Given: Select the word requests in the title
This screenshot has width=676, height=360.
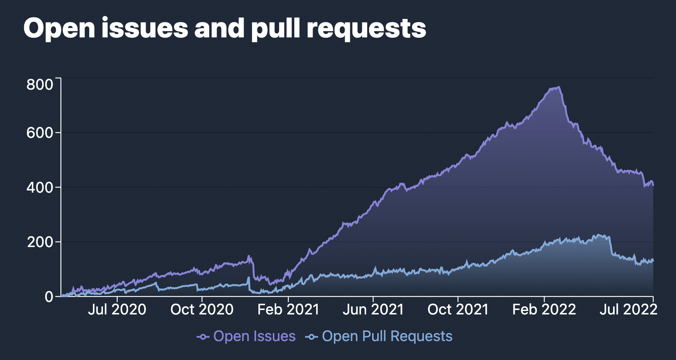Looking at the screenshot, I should point(367,29).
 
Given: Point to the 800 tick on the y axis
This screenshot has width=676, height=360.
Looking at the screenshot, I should point(40,85).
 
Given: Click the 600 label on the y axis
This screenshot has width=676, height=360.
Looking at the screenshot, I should point(40,133).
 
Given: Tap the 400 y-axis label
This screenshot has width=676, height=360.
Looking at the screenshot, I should point(40,187).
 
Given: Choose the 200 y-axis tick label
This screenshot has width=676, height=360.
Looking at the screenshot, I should point(40,242).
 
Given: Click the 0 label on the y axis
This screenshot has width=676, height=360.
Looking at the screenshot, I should point(49,297).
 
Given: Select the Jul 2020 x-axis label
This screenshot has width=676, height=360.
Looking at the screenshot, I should point(117,310).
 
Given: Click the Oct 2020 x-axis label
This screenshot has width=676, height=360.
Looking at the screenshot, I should point(202,310).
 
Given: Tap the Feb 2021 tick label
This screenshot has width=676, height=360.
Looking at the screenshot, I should point(288,310).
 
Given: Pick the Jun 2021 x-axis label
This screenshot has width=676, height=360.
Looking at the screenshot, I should point(373,310).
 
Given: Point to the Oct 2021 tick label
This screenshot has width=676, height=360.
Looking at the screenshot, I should point(458,310).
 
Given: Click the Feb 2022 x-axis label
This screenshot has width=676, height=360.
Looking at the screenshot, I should point(544,310).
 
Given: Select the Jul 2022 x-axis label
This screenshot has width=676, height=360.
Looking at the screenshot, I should point(628,310).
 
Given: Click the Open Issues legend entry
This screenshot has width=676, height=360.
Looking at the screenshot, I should point(254,336).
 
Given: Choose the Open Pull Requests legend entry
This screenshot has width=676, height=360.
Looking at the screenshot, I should point(387,336).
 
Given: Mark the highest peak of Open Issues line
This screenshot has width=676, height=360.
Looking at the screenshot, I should point(559,87).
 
